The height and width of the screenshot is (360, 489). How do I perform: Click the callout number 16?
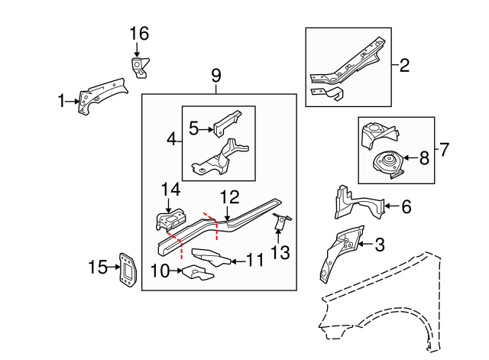point(138,34)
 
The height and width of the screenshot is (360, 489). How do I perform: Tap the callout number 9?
point(215,76)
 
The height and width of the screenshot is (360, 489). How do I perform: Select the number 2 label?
point(404,66)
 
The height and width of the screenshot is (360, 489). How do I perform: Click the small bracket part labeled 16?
point(138,66)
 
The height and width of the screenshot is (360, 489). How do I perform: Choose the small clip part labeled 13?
point(280,222)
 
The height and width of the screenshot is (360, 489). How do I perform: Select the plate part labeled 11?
point(209,256)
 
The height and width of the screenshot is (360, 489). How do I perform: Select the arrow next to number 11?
point(238,261)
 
